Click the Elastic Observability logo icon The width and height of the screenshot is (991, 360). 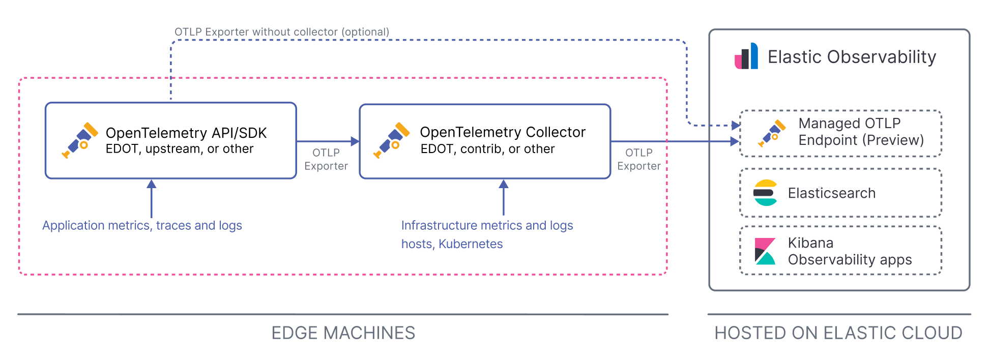point(746,56)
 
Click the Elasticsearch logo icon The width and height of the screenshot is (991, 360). point(765,193)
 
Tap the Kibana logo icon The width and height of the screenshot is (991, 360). point(765,251)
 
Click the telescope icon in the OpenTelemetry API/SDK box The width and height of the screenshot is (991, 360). point(80,140)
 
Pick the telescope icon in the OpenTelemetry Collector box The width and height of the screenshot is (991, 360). point(391,140)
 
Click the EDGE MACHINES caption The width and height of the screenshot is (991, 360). point(343,333)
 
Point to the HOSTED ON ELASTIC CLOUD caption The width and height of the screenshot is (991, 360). point(838,333)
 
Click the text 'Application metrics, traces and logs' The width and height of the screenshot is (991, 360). point(142,225)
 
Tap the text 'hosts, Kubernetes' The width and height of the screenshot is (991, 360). point(452,244)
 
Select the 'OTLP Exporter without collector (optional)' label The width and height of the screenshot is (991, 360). point(282,32)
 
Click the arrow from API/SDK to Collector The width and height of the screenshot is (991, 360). point(328,141)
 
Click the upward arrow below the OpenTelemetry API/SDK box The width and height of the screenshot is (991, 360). point(151,198)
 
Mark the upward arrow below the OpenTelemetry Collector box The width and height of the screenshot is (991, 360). point(504,198)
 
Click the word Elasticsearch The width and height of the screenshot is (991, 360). point(832,193)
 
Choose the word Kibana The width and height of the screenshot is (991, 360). point(810,243)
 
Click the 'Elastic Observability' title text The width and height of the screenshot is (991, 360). point(852,57)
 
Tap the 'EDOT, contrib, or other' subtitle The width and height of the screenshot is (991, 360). point(487,149)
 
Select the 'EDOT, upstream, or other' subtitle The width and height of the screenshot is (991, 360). point(180,149)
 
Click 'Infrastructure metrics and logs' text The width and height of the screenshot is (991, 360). point(487,225)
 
